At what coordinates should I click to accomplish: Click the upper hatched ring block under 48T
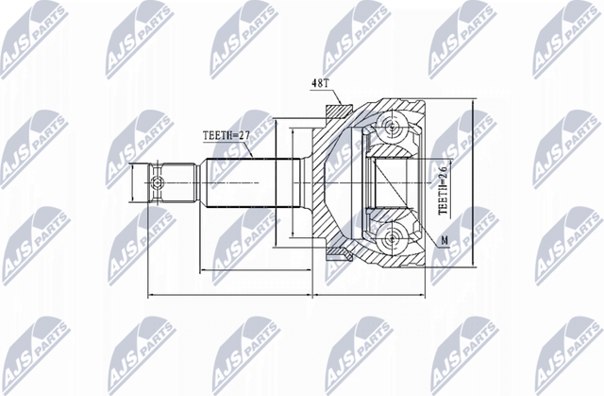coord(335,112)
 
